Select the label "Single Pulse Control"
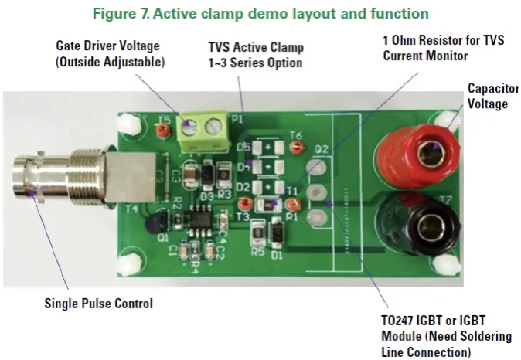click(97, 304)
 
